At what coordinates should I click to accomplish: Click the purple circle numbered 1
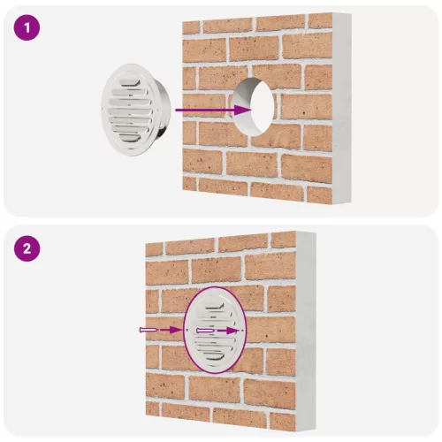pos(27,27)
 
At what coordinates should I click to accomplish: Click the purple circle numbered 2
pos(27,248)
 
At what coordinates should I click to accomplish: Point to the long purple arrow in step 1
pos(214,110)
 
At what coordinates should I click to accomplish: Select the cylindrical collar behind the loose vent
pos(163,109)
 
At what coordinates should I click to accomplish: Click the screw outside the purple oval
pos(149,330)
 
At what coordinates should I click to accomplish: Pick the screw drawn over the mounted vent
pos(205,331)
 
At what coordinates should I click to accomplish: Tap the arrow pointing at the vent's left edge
pos(171,330)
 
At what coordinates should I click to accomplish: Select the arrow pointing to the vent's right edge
pos(229,331)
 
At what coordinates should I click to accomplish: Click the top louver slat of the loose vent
pos(131,82)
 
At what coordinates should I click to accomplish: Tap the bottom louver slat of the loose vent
pos(130,138)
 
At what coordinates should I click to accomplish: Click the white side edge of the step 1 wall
pos(342,108)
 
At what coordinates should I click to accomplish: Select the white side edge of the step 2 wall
pos(306,331)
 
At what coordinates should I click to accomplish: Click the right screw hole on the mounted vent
pos(242,331)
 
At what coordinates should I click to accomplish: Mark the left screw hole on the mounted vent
pos(187,330)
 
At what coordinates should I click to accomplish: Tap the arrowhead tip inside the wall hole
pos(252,110)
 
